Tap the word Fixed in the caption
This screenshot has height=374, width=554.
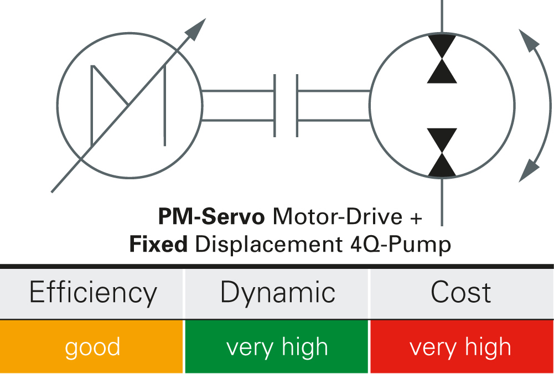point(158,244)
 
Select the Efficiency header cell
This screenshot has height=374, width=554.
point(92,293)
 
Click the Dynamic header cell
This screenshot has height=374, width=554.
point(277,293)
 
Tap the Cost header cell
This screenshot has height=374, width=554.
point(460,293)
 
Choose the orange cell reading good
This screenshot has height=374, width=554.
point(92,347)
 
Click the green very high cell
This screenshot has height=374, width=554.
point(277,347)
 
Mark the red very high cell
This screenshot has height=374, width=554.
point(460,347)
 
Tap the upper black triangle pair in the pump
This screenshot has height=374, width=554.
point(442,59)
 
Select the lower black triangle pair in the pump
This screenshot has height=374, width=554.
point(442,152)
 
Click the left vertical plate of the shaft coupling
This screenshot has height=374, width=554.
point(275,106)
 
